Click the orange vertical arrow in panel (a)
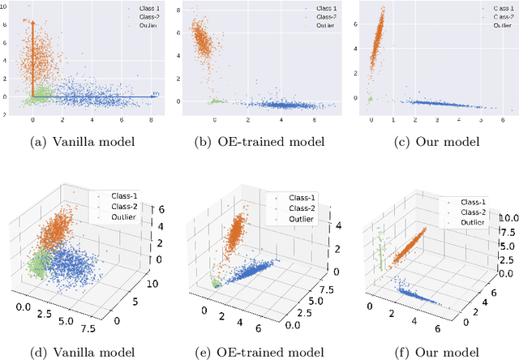(32, 57)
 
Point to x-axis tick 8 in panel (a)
(152, 121)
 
